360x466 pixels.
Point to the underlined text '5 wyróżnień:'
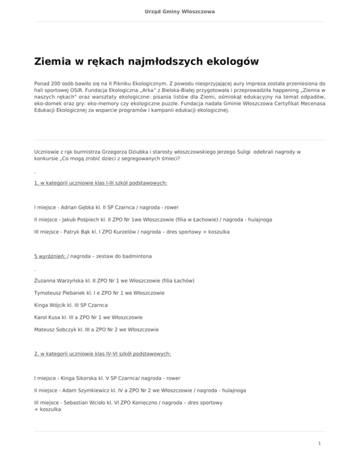(x=51, y=256)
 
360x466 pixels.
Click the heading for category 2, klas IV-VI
(x=103, y=353)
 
